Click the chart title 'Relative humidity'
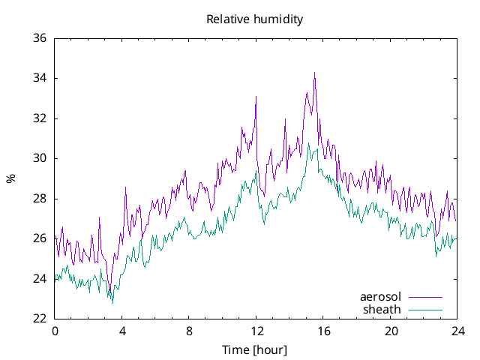point(255,19)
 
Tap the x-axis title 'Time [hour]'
point(254,350)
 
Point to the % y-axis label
point(10,178)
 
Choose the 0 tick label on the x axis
point(55,331)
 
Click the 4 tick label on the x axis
point(122,331)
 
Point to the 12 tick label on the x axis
point(256,331)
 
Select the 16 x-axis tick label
point(324,331)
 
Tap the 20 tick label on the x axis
point(391,331)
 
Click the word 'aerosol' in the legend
point(381,297)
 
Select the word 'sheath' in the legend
point(382,309)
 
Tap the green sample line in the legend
point(425,309)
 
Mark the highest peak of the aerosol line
point(315,73)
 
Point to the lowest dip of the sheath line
point(113,303)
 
